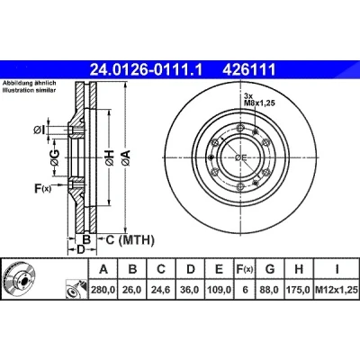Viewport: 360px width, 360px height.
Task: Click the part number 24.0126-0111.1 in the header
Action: point(147,69)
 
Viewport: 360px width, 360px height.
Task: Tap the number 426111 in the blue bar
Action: point(248,69)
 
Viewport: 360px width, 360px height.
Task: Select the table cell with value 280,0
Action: point(103,290)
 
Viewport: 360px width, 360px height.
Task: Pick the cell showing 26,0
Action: point(132,290)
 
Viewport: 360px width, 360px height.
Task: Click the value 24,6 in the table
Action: point(161,290)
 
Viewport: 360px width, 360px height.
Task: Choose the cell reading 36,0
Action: point(191,290)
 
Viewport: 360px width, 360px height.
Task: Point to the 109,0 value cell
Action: point(220,290)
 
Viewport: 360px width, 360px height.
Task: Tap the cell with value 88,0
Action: point(270,290)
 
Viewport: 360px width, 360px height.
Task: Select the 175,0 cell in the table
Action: point(299,290)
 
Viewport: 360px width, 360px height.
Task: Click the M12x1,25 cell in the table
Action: point(337,290)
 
